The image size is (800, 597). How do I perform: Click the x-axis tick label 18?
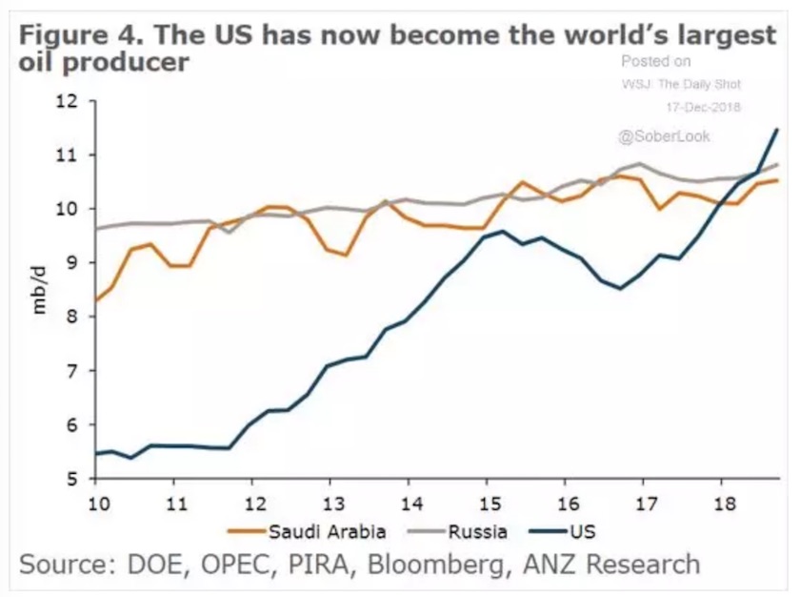click(723, 502)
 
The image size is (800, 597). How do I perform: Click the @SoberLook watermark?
click(664, 136)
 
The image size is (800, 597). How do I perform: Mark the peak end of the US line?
click(777, 129)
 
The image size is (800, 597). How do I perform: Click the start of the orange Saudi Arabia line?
click(96, 300)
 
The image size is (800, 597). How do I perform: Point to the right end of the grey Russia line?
click(778, 165)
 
